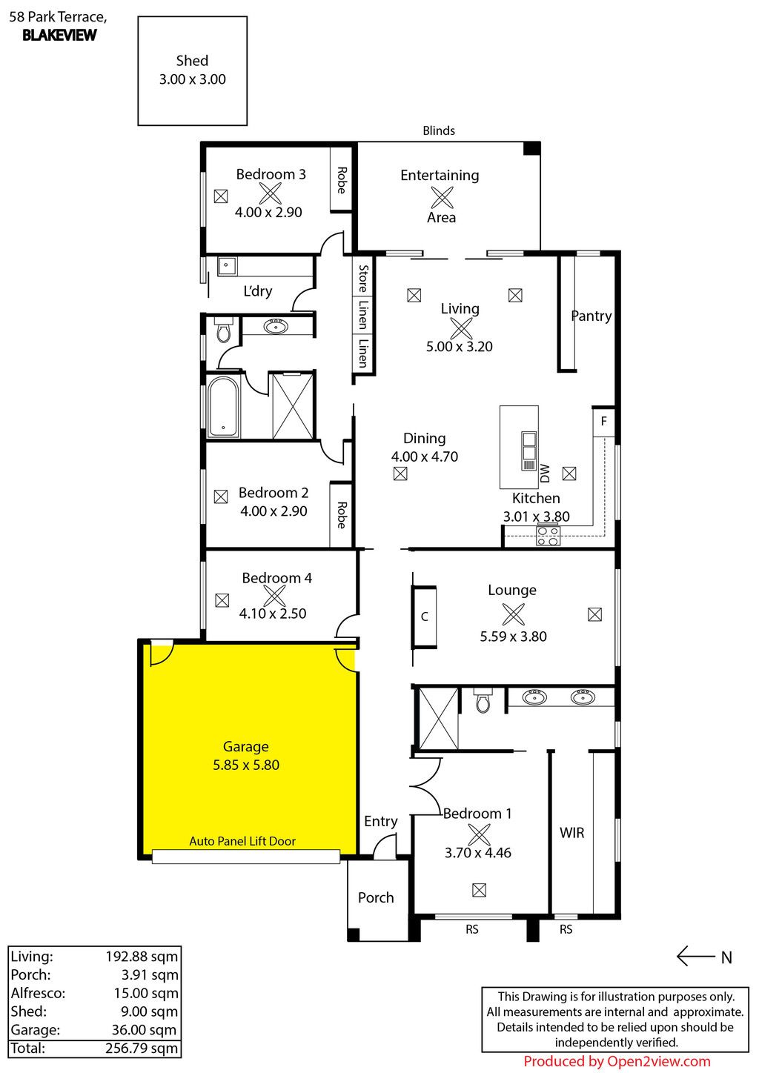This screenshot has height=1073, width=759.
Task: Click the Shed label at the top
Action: (192, 61)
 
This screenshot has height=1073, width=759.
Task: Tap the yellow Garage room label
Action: (246, 746)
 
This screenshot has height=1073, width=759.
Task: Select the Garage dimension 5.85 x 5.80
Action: (246, 765)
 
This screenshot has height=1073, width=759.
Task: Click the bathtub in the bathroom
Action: (223, 406)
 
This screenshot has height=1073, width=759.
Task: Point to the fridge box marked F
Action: (603, 422)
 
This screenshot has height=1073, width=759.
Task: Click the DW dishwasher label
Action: (545, 474)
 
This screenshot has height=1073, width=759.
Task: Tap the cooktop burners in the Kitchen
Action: (548, 536)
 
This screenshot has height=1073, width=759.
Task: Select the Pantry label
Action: (591, 316)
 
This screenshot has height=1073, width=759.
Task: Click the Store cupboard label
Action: (363, 279)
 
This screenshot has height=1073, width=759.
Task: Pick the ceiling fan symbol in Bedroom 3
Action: (271, 193)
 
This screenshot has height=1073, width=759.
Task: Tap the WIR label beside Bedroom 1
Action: (571, 833)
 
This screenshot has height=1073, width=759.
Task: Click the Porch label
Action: (376, 897)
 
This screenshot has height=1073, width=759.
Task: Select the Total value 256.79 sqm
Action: (142, 1049)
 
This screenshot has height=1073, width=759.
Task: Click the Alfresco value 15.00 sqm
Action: (146, 993)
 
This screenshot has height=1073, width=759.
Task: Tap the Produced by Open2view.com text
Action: (617, 1061)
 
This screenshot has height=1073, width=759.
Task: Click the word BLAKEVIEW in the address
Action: (60, 35)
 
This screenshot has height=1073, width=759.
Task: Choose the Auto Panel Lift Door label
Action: (242, 841)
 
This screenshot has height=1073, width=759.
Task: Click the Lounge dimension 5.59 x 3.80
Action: (513, 637)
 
